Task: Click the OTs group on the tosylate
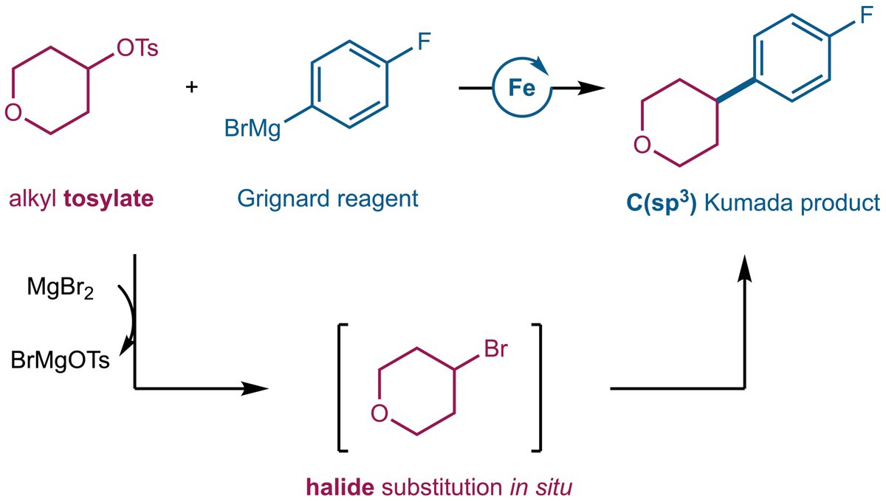click(x=137, y=49)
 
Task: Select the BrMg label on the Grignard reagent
click(x=253, y=129)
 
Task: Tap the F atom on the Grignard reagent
click(x=424, y=42)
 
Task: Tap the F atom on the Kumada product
click(x=866, y=16)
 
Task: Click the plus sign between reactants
click(x=192, y=86)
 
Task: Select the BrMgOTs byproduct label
click(x=60, y=360)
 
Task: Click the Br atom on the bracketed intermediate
click(x=495, y=349)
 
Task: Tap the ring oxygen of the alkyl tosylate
click(x=13, y=112)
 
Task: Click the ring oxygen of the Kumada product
click(x=642, y=145)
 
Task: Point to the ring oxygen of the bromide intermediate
click(x=380, y=414)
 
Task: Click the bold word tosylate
click(x=109, y=199)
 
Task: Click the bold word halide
click(x=340, y=487)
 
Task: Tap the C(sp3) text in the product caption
click(x=661, y=203)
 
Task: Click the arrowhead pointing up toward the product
click(x=745, y=268)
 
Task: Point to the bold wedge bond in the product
click(x=736, y=90)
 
